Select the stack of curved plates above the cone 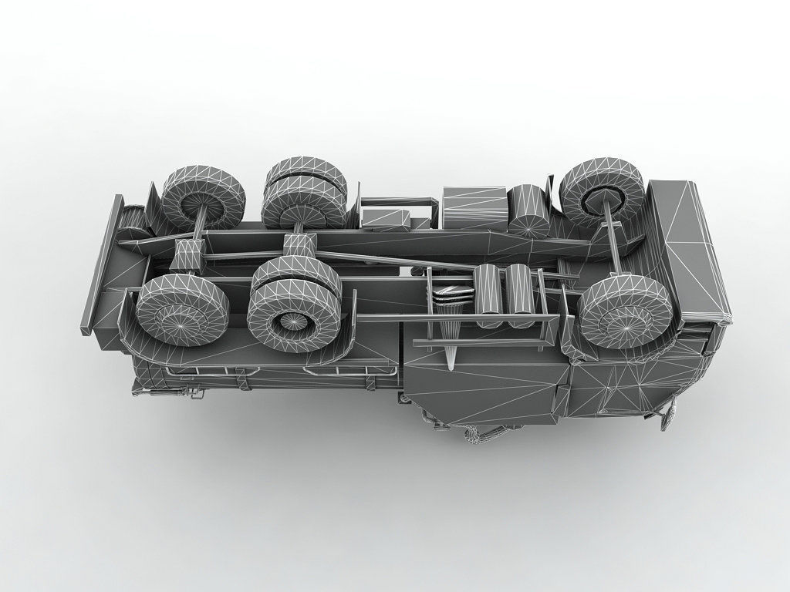pyautogui.click(x=450, y=293)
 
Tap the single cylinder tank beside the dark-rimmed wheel pyautogui.click(x=530, y=210)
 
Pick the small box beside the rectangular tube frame pyautogui.click(x=385, y=218)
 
